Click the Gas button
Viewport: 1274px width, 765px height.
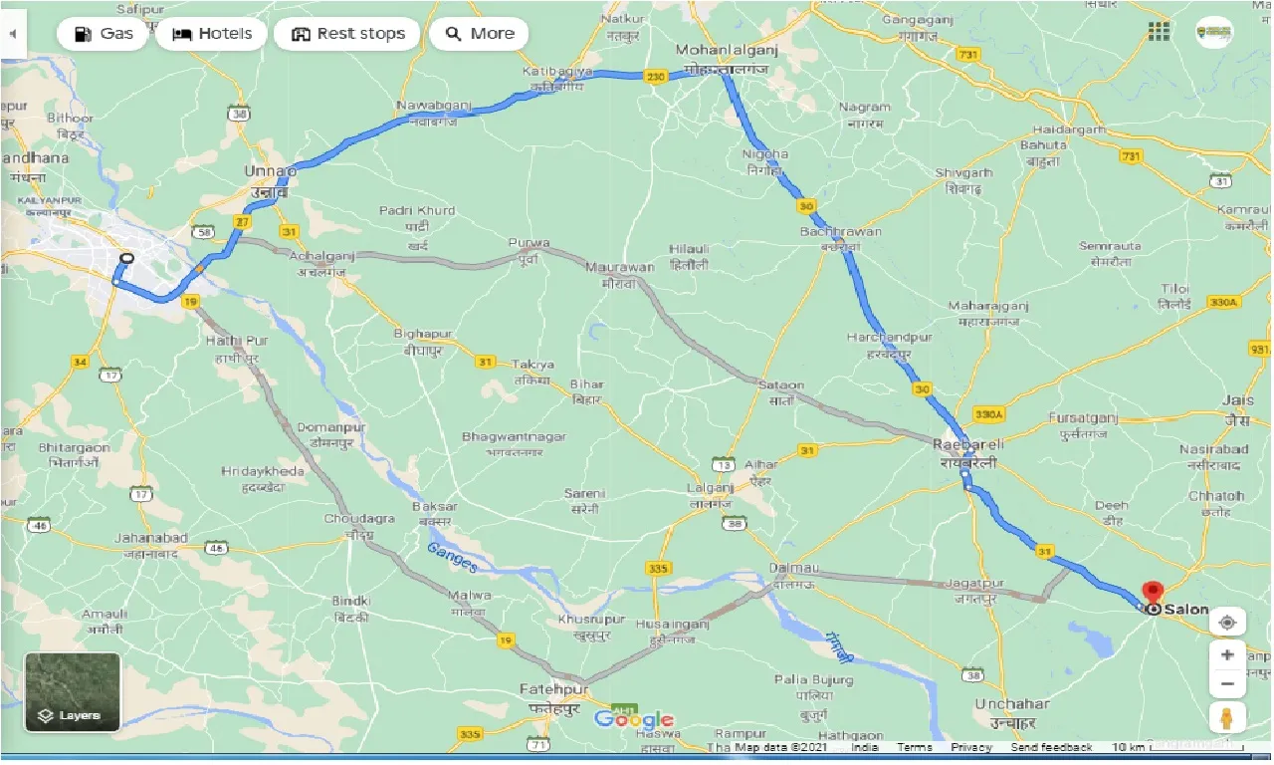click(104, 34)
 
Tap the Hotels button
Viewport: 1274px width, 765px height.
click(213, 34)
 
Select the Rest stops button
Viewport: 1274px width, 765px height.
click(348, 34)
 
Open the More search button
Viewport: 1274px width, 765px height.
click(479, 34)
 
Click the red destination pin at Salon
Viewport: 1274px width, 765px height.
click(1153, 594)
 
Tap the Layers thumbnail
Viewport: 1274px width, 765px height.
click(73, 691)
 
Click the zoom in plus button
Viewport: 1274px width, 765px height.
click(1227, 655)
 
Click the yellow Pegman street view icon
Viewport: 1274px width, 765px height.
click(1227, 717)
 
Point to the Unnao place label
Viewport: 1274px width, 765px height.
click(270, 172)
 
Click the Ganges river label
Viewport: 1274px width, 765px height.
click(453, 557)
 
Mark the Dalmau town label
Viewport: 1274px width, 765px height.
click(793, 568)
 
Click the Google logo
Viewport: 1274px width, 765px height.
click(633, 720)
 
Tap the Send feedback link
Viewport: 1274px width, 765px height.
click(1051, 747)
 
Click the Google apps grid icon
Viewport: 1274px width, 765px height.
click(1159, 32)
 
